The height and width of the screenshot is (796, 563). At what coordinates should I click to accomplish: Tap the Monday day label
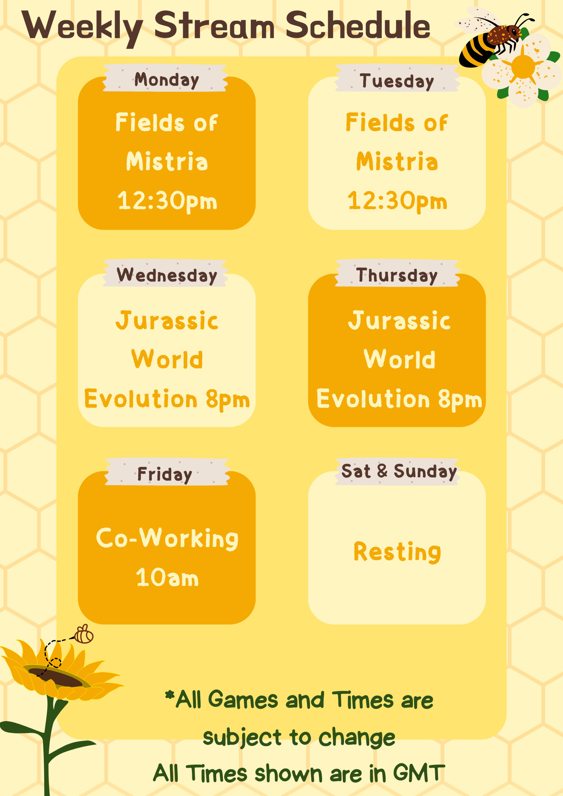166,80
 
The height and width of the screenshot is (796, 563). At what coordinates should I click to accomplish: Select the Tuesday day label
397,81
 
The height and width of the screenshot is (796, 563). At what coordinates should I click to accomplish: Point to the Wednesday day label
167,275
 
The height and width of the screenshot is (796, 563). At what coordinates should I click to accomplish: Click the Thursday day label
397,275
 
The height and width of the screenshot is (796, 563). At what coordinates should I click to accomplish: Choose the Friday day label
165,474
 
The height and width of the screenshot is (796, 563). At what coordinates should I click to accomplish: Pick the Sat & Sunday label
399,472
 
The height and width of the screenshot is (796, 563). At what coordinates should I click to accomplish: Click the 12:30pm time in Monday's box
167,201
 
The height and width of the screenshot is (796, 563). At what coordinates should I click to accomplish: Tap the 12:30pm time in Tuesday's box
397,201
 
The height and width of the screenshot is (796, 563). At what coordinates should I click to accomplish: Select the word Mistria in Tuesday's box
397,161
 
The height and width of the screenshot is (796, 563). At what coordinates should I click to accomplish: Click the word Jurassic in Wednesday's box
167,320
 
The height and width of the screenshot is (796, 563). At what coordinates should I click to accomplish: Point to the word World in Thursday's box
399,359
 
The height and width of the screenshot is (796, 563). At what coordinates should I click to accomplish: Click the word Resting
397,552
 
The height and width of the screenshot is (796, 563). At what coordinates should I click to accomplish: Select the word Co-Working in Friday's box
167,538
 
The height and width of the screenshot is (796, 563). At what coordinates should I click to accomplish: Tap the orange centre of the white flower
522,67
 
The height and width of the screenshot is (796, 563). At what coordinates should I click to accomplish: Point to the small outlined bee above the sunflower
84,634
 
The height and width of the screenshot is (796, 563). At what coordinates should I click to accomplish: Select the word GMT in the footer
419,773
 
